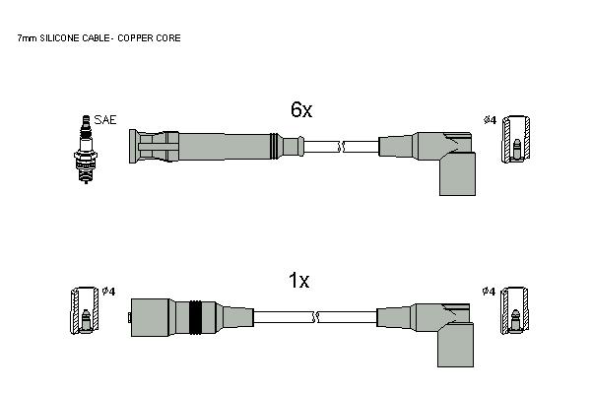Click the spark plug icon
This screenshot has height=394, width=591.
point(86,150)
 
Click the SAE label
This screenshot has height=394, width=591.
point(105,120)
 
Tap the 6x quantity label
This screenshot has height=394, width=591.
point(301,109)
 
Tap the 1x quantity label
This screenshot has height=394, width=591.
point(298,281)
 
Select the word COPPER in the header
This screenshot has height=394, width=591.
point(135,38)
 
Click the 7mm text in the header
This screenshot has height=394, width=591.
point(28,38)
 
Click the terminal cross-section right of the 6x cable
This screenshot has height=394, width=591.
point(515,140)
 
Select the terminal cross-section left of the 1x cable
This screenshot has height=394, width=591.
point(85,310)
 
